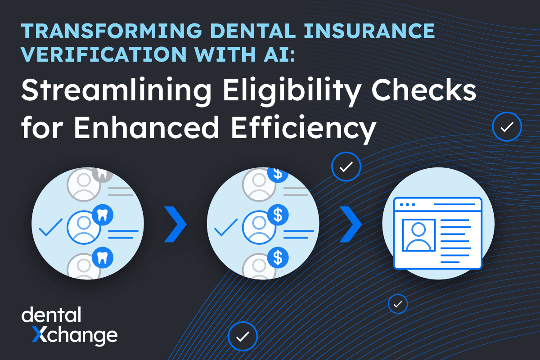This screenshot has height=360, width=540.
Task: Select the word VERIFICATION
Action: point(104,54)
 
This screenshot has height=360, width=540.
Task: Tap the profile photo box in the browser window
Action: point(419,235)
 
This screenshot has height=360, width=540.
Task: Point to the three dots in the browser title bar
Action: point(407,204)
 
